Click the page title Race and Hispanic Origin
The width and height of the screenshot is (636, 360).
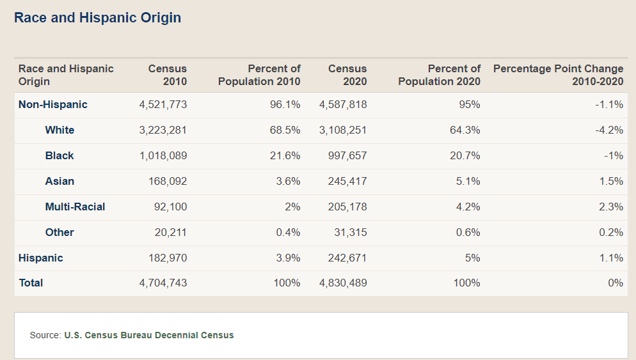(97, 18)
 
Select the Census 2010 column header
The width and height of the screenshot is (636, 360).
(168, 75)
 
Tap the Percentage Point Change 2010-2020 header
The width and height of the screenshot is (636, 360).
(558, 75)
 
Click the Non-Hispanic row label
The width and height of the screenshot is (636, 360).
(53, 104)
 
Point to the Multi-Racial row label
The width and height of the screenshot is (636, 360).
(75, 207)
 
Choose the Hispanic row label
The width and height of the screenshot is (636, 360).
(41, 258)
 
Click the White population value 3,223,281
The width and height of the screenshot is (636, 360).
(163, 130)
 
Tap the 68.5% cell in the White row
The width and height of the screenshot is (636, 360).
(288, 130)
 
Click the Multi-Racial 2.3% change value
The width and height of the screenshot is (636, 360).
(611, 207)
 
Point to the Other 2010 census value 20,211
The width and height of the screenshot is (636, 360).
(171, 232)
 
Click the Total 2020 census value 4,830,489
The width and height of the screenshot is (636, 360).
(343, 283)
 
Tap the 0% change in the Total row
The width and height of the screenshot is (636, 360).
(616, 283)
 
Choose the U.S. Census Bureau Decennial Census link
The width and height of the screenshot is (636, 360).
(149, 335)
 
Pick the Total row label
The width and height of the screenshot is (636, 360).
(31, 283)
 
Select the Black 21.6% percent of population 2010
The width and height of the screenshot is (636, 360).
(288, 155)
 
